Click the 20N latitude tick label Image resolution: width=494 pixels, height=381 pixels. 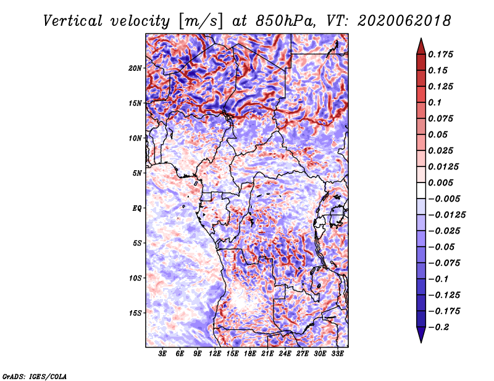135,68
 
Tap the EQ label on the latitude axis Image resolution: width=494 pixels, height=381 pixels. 137,208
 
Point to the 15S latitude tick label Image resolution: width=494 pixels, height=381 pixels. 135,313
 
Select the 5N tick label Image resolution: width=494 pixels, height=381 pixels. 137,173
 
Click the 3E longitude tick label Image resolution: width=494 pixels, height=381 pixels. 162,354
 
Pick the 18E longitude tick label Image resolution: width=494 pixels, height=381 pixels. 250,354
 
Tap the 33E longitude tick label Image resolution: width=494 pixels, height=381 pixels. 337,354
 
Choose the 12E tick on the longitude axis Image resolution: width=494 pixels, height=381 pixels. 215,354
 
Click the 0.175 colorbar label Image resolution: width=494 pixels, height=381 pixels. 440,55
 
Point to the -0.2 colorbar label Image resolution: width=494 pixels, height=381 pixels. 438,327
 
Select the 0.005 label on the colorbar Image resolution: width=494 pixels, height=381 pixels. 440,182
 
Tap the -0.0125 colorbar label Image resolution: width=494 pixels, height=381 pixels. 446,215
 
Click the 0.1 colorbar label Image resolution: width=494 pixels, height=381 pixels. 435,102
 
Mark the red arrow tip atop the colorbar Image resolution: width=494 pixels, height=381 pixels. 421,38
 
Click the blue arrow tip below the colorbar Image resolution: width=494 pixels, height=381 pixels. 421,342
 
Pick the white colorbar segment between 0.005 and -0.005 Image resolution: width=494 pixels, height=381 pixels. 421,190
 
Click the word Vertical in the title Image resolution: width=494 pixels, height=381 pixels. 73,21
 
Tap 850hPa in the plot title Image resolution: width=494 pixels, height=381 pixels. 285,21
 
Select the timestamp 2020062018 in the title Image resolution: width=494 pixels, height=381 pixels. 404,21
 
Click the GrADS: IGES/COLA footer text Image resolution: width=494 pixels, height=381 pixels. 35,377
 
